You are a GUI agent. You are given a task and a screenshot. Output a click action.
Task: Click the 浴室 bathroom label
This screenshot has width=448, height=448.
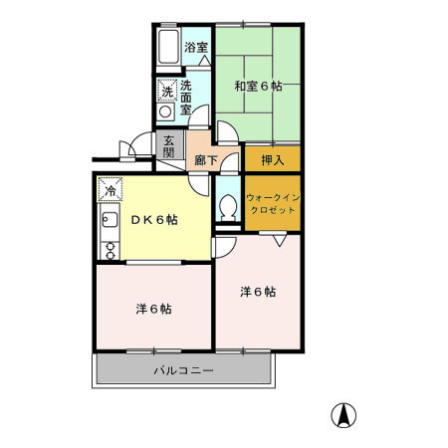[196, 47]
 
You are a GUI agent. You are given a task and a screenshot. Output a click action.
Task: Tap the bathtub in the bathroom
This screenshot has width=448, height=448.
[168, 47]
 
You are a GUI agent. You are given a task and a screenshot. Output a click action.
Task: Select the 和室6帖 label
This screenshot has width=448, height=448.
[258, 87]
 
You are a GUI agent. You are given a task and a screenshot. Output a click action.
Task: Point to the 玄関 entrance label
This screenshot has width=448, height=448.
[169, 147]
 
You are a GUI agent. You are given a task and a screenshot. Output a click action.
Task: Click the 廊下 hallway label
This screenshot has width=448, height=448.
[206, 160]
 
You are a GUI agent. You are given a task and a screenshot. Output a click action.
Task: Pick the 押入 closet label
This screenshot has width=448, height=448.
[273, 160]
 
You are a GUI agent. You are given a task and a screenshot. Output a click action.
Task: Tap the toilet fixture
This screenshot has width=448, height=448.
[228, 207]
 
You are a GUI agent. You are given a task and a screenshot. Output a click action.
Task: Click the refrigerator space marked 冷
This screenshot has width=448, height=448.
[111, 190]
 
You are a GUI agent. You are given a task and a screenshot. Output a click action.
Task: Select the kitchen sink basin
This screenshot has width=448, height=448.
[110, 219]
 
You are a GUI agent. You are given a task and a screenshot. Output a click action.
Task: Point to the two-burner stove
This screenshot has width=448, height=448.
[110, 251]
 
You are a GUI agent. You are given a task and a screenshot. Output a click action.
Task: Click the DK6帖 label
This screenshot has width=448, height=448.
[154, 220]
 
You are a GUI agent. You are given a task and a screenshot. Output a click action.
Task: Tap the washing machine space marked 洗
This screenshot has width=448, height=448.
[167, 91]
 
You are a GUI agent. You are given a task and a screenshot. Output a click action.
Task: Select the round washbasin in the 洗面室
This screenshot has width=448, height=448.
[165, 112]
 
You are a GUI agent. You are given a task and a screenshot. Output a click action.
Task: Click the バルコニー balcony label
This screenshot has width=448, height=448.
[183, 370]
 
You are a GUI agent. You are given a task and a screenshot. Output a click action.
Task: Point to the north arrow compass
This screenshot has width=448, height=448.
[343, 415]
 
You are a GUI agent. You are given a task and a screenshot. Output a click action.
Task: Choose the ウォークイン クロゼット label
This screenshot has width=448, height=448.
[273, 204]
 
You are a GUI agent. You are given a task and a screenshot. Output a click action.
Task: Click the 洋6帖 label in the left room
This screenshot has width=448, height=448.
[153, 309]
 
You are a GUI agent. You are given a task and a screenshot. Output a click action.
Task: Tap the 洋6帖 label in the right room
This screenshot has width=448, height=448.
[258, 292]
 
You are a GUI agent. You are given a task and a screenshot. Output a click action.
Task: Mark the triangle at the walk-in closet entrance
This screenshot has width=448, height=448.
[280, 241]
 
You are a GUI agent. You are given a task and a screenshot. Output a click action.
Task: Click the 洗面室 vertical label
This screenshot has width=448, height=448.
[186, 98]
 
